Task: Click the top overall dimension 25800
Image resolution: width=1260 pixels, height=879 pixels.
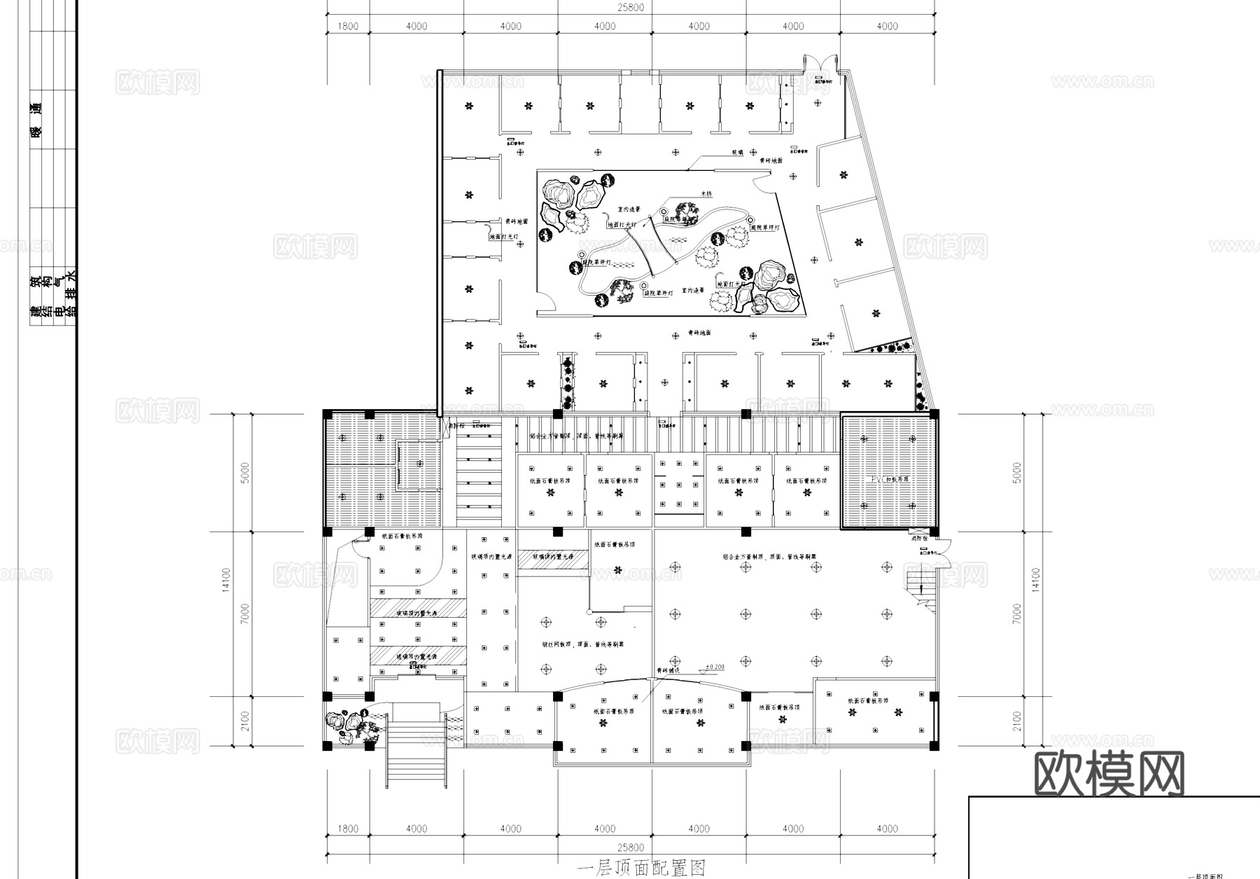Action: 630,8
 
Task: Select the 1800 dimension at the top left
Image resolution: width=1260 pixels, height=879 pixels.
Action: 348,26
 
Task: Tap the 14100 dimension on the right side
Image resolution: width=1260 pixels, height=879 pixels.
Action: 1036,580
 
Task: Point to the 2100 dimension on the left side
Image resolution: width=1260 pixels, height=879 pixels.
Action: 244,721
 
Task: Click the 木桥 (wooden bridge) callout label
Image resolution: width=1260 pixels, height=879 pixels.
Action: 706,193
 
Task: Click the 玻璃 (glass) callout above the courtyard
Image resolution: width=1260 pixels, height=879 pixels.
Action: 738,151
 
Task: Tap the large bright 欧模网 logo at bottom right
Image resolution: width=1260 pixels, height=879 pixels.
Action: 1109,775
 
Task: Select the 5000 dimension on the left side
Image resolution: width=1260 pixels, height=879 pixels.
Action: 244,473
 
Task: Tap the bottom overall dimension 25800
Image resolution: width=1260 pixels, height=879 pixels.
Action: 630,847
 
